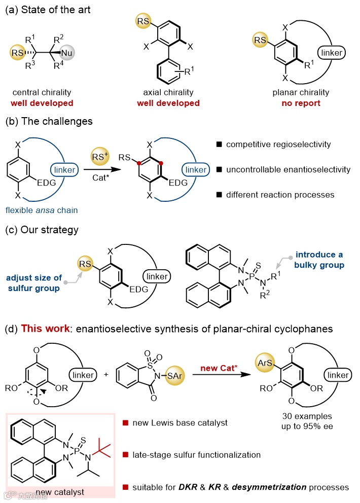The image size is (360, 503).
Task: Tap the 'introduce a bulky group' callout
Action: coord(316,260)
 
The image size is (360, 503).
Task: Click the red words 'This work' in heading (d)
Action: coord(39,329)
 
